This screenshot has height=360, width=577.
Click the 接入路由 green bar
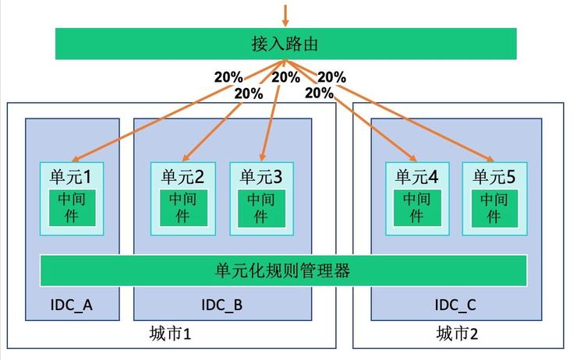[x=285, y=44]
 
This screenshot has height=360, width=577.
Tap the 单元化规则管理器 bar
[x=283, y=270]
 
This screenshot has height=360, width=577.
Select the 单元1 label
[x=70, y=177]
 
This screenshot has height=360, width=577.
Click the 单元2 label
[x=182, y=177]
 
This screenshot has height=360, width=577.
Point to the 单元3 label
[x=261, y=177]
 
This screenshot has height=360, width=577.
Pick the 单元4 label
[x=416, y=177]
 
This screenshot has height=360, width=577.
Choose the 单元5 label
[x=494, y=177]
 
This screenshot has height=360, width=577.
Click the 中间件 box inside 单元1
[x=72, y=208]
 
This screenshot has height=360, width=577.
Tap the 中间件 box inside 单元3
[x=261, y=208]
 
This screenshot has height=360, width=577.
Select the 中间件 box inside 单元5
[x=494, y=208]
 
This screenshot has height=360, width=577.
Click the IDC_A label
[x=72, y=305]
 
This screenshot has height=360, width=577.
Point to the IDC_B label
[x=222, y=305]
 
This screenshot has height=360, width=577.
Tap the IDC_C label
[x=455, y=305]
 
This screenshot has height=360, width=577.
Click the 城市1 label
[x=171, y=334]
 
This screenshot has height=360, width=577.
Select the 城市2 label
[x=457, y=334]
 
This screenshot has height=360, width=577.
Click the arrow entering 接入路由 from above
[x=285, y=16]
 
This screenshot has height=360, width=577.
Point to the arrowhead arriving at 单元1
[x=75, y=159]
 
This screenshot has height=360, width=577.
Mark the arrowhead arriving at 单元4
[x=413, y=158]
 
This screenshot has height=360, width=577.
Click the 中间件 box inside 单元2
[x=183, y=208]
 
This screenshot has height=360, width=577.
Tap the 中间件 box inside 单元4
[x=417, y=208]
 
